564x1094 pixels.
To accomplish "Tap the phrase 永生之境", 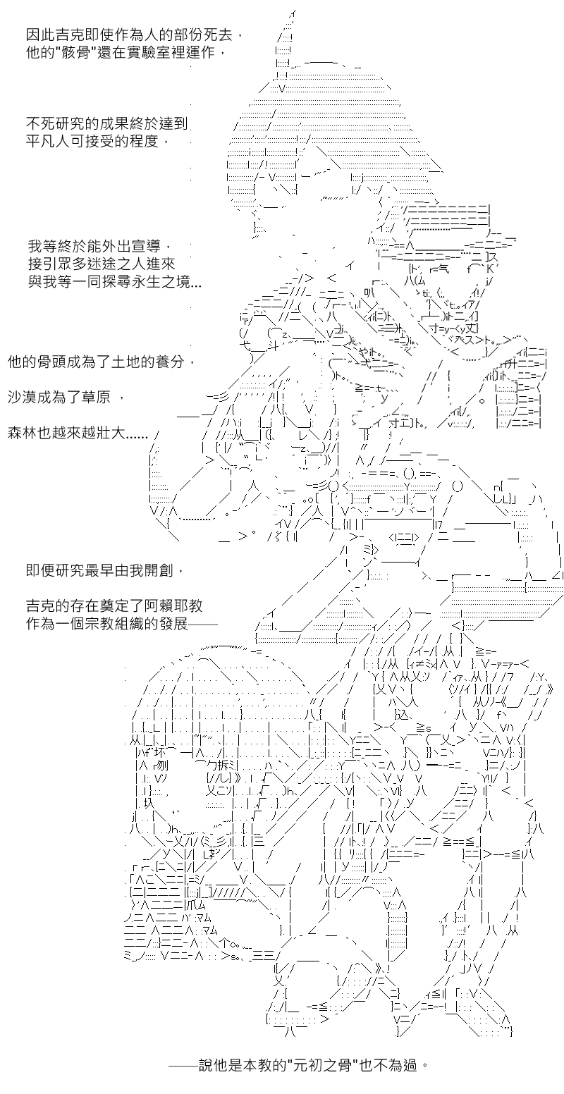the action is [160, 282].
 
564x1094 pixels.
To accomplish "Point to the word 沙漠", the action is [23, 397].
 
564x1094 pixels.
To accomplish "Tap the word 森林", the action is [23, 433].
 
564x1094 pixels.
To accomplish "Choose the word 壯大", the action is [111, 433].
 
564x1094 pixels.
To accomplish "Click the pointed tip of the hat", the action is [293, 11].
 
